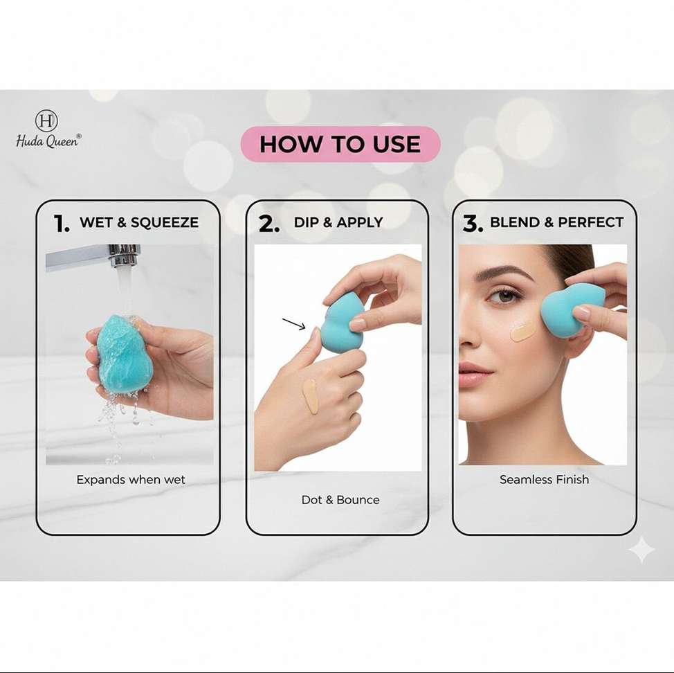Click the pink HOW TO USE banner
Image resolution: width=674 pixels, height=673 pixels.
[340, 144]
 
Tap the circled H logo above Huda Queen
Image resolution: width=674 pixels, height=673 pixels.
[46, 120]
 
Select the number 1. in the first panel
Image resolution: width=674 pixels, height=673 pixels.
[62, 224]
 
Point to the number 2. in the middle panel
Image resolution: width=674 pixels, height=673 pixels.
[269, 224]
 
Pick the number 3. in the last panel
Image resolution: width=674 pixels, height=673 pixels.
[473, 224]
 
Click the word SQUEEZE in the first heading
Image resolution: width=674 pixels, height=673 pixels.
[165, 222]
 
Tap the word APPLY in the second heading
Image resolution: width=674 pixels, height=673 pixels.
[359, 222]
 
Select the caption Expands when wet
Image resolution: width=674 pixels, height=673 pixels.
[131, 480]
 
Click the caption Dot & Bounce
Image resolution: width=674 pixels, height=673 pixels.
[340, 500]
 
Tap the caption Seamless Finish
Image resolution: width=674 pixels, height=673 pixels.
[544, 479]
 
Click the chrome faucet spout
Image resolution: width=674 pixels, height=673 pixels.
[93, 256]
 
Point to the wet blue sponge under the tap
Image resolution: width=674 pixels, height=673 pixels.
[125, 353]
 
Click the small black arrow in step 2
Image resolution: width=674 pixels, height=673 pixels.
[294, 324]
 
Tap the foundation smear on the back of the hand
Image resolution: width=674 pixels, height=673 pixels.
[309, 397]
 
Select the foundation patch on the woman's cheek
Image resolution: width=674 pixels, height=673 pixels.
[522, 332]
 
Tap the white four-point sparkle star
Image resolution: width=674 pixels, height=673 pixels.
[641, 549]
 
